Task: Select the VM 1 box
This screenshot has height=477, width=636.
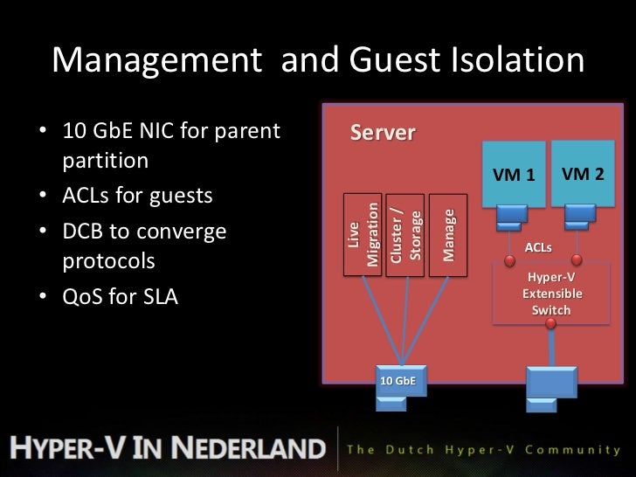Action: (514, 174)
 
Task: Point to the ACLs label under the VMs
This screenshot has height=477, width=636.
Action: (537, 248)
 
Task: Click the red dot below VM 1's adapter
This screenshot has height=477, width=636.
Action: (509, 259)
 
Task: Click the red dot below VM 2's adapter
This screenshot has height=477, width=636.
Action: (577, 259)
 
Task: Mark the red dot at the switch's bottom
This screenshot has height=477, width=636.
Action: (550, 324)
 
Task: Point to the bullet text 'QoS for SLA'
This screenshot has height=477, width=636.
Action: (120, 297)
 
